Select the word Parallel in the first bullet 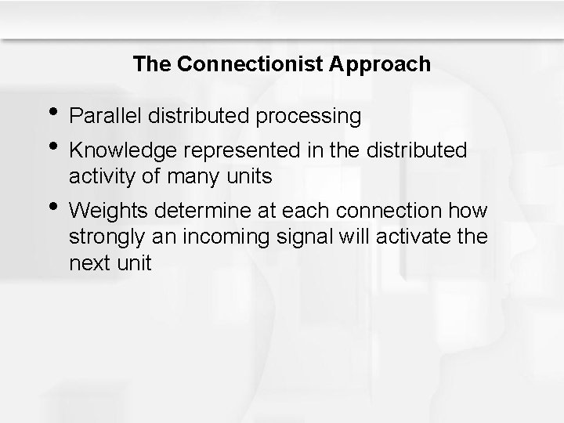point(100,117)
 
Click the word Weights point(109,211)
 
